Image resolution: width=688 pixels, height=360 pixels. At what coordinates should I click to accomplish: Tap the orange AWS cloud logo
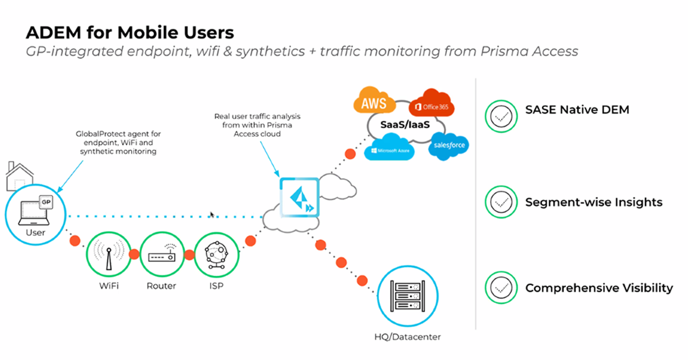pos(373,102)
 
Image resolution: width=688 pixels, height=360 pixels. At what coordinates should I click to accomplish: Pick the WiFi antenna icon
pos(108,254)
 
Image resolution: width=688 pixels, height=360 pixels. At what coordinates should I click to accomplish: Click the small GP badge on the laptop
pos(46,202)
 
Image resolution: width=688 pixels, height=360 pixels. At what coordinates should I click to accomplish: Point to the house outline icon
pos(20,177)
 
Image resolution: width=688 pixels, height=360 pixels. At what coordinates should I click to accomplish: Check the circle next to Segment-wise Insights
pos(500,202)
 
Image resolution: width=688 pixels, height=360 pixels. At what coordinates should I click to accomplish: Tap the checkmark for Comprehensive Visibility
pos(500,288)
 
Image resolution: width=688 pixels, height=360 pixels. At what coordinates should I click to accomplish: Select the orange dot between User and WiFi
pos(75,241)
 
